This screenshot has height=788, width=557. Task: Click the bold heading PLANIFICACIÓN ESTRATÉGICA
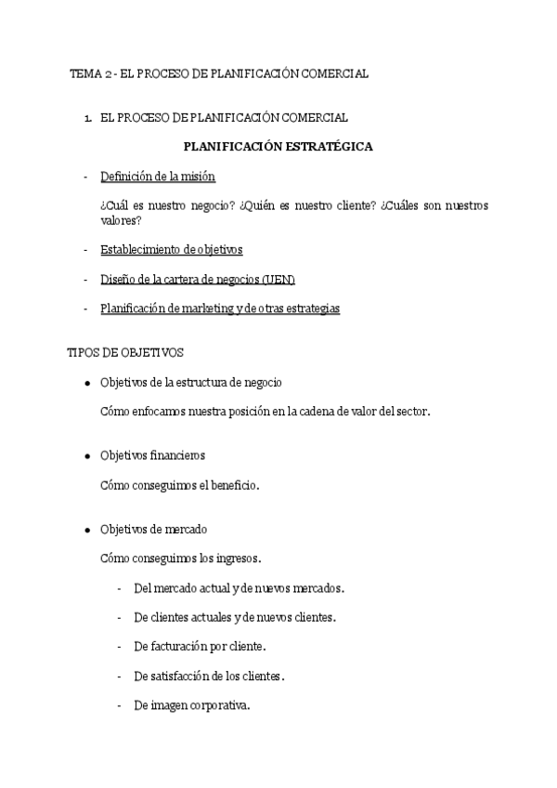click(278, 146)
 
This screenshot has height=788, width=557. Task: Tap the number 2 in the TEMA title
click(109, 73)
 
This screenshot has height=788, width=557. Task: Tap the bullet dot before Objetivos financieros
click(86, 456)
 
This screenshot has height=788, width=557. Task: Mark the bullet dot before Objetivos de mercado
click(86, 530)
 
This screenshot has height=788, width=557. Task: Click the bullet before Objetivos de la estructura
click(86, 383)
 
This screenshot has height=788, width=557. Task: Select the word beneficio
click(232, 485)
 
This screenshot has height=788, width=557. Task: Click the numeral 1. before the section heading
click(87, 117)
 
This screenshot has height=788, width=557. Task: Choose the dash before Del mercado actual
click(121, 588)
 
